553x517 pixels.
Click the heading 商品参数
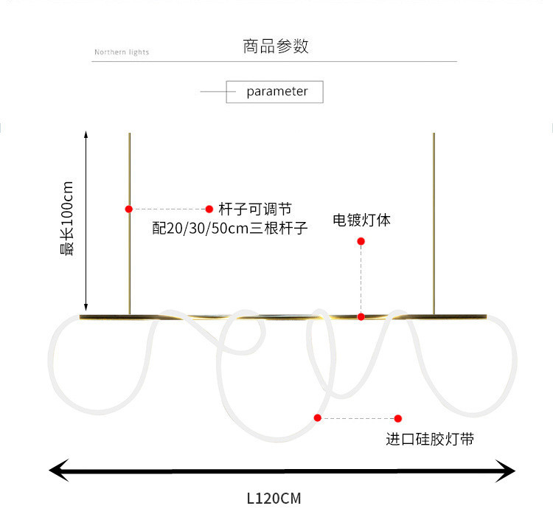(276, 46)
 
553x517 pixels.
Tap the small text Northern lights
(122, 52)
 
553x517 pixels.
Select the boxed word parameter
(276, 91)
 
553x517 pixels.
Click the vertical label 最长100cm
(67, 218)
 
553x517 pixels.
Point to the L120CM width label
(274, 499)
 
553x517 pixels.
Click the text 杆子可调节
(250, 209)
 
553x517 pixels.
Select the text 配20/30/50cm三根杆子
(230, 229)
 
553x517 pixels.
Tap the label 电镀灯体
(361, 220)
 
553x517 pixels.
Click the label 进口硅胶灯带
(430, 440)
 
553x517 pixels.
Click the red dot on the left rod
(129, 209)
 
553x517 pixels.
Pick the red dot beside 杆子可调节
(209, 209)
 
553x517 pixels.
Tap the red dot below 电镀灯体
(361, 241)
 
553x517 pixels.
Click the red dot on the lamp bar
(361, 316)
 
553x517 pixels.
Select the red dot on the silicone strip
(318, 417)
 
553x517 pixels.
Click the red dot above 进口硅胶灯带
(398, 418)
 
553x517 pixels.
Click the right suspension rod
(434, 221)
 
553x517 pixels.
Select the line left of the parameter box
(213, 92)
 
